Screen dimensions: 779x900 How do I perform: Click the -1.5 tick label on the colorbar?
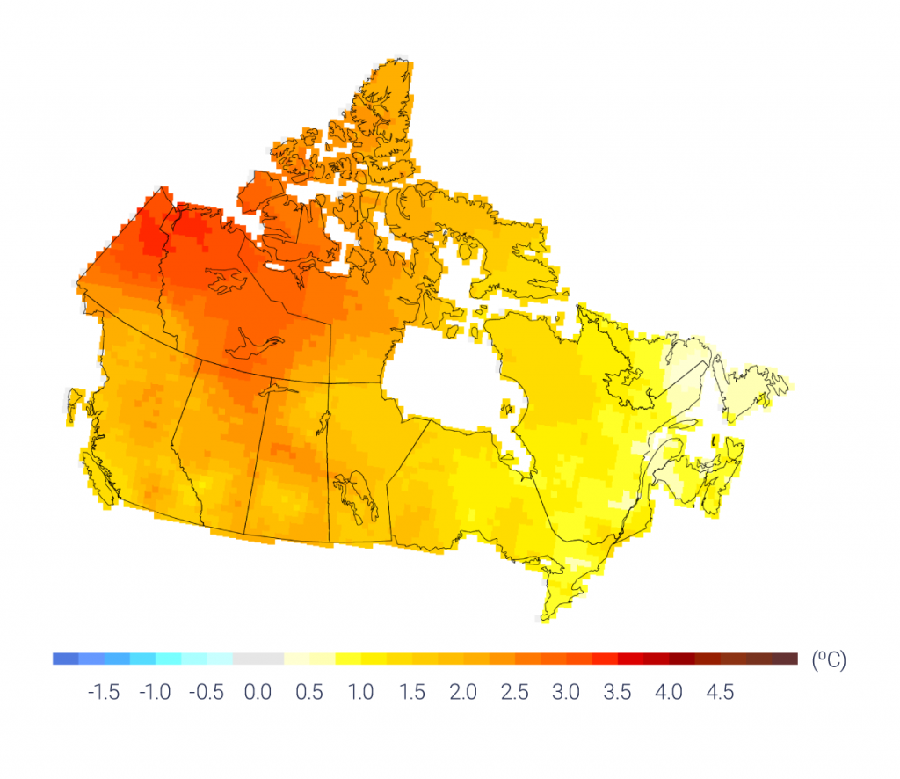click(x=104, y=693)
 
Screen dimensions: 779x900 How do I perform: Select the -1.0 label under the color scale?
click(x=155, y=693)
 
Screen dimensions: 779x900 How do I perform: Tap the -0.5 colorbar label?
click(x=206, y=693)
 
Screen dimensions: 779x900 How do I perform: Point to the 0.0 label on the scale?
click(x=258, y=693)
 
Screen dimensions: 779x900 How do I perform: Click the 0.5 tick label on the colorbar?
click(x=308, y=693)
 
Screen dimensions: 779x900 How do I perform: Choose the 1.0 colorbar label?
click(x=360, y=693)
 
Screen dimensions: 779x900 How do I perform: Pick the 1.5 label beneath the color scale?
click(x=411, y=693)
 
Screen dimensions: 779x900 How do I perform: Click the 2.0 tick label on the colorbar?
click(x=463, y=693)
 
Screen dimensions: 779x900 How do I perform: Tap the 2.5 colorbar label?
click(x=514, y=693)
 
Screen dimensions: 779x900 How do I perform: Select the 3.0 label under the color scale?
click(x=566, y=693)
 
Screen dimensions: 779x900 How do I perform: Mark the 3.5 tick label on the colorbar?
click(x=617, y=693)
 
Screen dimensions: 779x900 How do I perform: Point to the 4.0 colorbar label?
click(x=669, y=693)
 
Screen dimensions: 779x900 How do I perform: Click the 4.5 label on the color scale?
click(x=720, y=693)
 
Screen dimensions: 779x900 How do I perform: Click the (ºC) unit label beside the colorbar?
click(x=828, y=660)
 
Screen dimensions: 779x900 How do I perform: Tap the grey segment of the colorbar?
click(x=258, y=659)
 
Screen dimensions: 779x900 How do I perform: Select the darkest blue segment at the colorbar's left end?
click(x=65, y=659)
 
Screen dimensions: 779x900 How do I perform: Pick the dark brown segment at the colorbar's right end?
click(x=785, y=659)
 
